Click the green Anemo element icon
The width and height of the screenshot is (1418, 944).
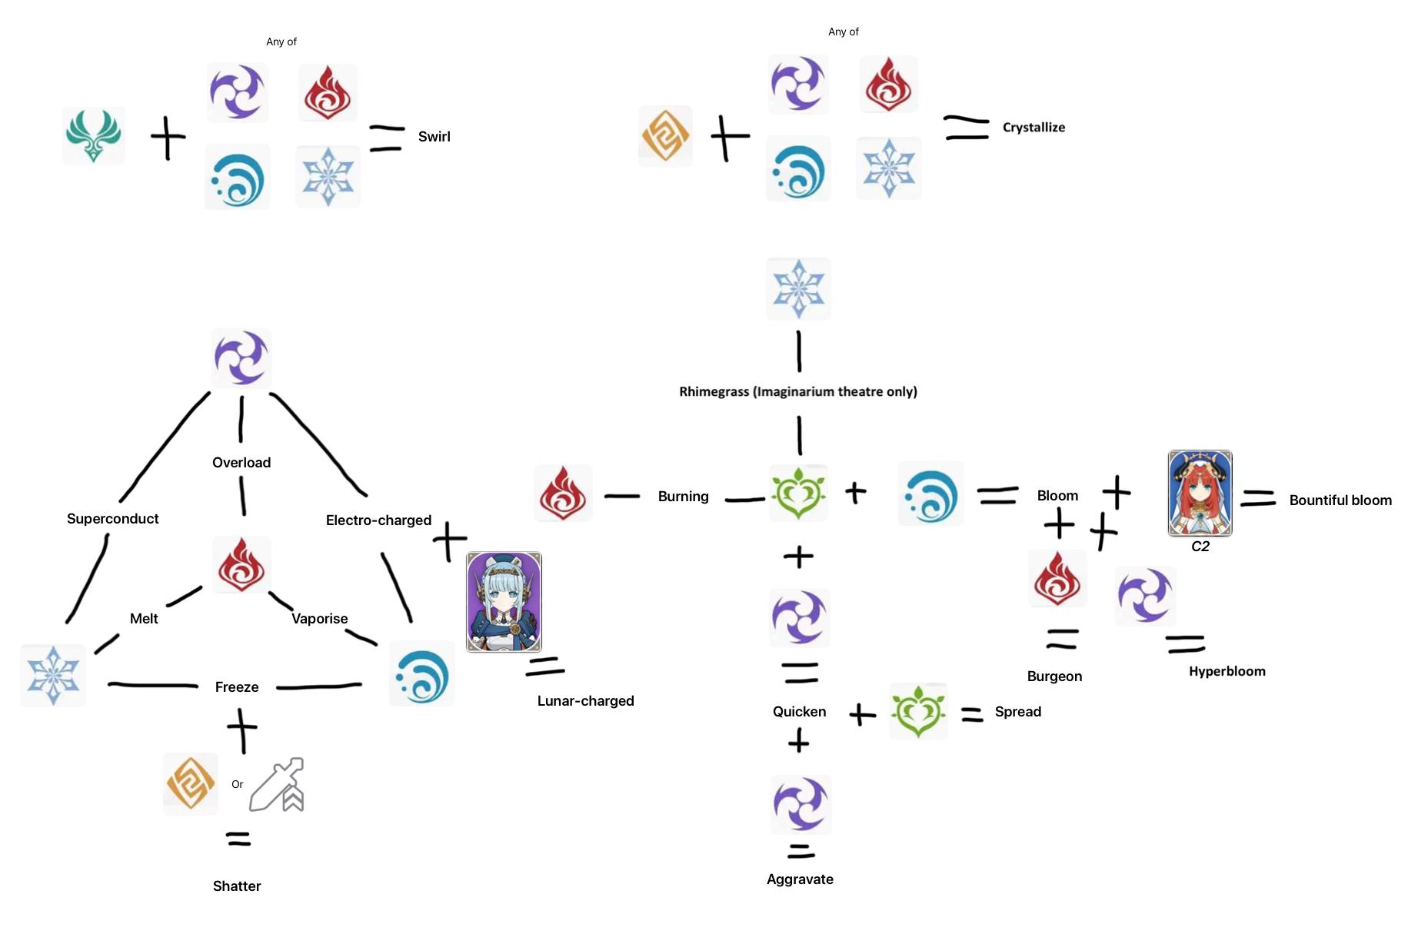coord(93,135)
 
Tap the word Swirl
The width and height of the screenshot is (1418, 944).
coord(434,137)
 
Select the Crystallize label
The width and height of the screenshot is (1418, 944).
coord(1034,128)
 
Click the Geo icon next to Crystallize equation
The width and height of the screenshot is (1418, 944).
coord(665,136)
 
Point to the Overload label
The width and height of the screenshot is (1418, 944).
coord(241,463)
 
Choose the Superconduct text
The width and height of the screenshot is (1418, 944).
coord(112,519)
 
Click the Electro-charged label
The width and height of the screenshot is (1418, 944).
coord(378,520)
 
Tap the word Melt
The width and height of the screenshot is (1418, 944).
coord(144,619)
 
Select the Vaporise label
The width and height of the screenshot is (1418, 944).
coord(319,619)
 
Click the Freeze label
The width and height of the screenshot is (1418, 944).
coord(237,687)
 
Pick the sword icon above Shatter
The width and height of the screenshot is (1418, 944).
coord(277,785)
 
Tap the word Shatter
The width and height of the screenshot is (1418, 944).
coord(237,886)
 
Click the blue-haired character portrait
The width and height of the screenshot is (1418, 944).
coord(504,602)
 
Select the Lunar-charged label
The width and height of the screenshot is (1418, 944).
coord(585,701)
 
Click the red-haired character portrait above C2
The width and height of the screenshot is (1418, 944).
coord(1200,493)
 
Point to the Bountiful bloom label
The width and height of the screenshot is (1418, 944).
coord(1340,500)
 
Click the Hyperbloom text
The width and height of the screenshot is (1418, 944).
coord(1227,672)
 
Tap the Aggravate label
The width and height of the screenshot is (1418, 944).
coord(800,879)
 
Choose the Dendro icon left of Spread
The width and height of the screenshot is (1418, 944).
coord(918,711)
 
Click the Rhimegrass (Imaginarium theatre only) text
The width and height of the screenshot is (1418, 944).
coord(797,392)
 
